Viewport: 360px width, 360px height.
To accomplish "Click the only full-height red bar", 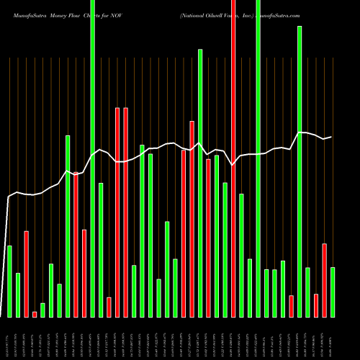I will coord(233,158).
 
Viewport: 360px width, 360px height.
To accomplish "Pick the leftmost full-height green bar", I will coord(93,158).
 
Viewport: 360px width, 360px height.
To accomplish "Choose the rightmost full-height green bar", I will coord(258,158).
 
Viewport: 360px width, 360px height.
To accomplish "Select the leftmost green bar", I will coord(10,281).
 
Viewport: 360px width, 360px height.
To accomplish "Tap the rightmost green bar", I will coord(333,292).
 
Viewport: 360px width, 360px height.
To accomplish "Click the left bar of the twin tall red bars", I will coord(117,212).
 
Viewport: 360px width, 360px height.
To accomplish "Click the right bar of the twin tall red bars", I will coord(126,212).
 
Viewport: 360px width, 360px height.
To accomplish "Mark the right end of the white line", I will coord(331,137).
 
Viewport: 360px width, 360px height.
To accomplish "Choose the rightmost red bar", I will coord(325,280).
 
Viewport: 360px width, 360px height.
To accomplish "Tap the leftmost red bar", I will coord(27,274).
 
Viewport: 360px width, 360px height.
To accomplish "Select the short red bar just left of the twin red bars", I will coord(109,307).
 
